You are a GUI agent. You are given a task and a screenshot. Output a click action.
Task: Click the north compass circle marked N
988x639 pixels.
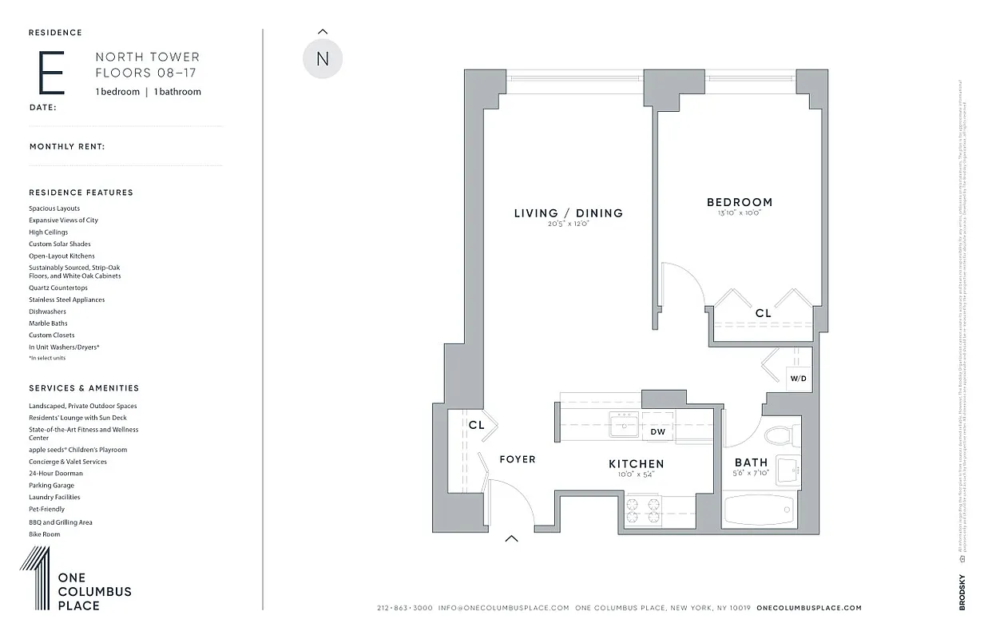[x=323, y=58]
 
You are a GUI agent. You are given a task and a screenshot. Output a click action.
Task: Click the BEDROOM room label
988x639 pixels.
[x=739, y=202]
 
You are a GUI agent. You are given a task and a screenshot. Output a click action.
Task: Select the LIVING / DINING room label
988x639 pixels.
[x=568, y=213]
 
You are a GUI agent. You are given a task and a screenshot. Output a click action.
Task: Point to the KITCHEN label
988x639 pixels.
[x=636, y=464]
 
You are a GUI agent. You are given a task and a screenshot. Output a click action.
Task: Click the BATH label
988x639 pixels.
[x=751, y=462]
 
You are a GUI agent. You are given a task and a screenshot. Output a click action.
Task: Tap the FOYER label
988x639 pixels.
[x=517, y=459]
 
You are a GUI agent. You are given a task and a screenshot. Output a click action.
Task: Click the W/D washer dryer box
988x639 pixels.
[x=799, y=378]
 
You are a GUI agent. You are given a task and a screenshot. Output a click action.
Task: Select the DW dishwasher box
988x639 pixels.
[x=657, y=432]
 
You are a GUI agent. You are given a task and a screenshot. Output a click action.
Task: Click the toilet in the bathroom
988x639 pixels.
[x=777, y=435]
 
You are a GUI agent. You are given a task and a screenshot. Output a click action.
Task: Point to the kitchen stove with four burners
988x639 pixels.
[x=643, y=510]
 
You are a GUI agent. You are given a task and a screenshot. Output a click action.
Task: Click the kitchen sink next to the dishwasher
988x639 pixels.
[x=623, y=425]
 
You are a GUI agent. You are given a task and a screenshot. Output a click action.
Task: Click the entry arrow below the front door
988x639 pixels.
[x=511, y=538]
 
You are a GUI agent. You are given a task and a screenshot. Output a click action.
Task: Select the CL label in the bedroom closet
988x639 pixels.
[x=763, y=314]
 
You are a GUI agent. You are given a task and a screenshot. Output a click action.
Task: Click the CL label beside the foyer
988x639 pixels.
[x=476, y=426]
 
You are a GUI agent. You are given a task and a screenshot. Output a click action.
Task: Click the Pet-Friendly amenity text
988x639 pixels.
[x=46, y=509]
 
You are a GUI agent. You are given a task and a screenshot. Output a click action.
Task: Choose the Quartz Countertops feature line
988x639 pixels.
[x=58, y=288]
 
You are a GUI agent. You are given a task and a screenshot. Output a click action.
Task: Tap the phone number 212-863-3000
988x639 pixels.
[x=404, y=608]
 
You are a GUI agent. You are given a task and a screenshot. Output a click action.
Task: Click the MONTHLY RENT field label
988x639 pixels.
[x=67, y=147]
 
